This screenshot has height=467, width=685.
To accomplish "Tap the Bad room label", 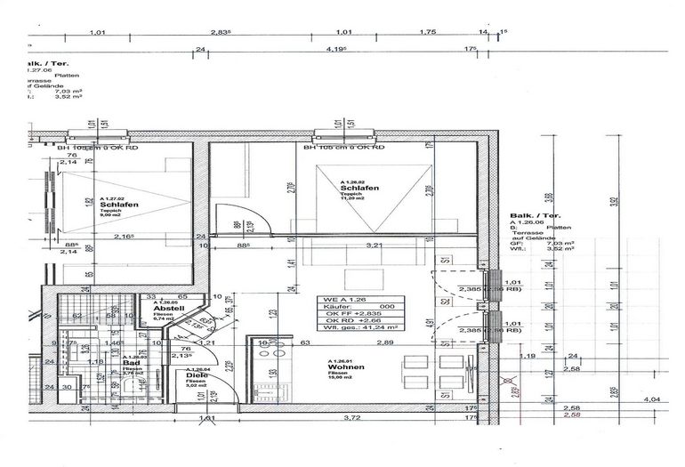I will click(x=131, y=363).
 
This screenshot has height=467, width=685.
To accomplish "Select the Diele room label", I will click(x=196, y=374).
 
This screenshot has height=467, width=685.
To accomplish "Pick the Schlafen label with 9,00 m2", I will click(x=118, y=204).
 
